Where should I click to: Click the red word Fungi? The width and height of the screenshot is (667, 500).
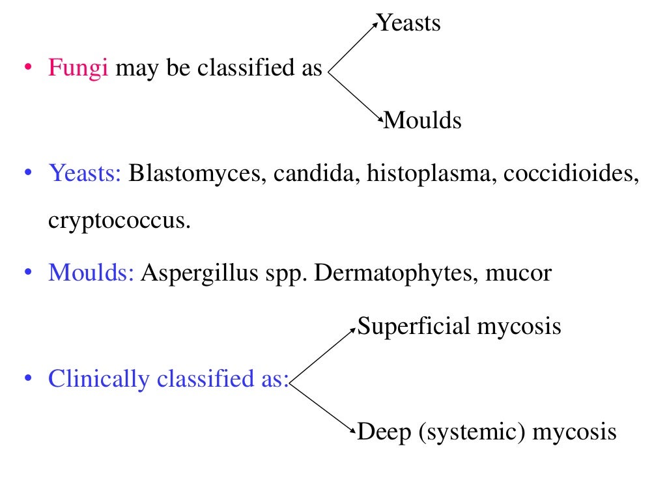tap(78, 68)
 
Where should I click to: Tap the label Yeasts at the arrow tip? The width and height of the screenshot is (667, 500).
tap(410, 23)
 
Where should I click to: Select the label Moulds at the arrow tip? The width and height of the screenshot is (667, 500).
tap(423, 120)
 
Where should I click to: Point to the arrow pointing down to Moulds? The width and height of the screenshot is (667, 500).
tap(355, 98)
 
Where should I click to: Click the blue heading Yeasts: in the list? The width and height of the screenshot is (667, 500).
tap(85, 174)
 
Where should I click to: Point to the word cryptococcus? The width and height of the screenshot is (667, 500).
tap(119, 221)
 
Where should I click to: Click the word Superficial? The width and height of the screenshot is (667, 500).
tap(414, 326)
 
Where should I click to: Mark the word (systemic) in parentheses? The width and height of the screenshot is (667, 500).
tap(472, 432)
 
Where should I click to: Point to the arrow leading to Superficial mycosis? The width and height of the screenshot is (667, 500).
tap(324, 355)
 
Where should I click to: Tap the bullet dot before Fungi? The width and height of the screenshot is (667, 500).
tap(27, 68)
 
